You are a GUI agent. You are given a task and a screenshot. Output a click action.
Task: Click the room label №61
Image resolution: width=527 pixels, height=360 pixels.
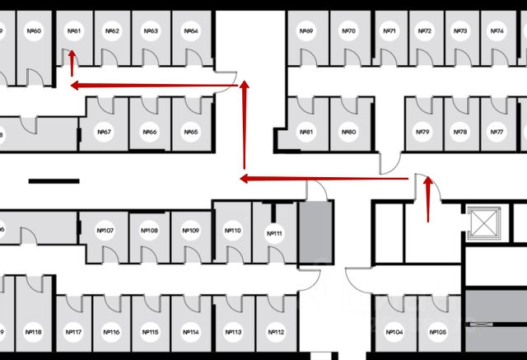click(73, 31)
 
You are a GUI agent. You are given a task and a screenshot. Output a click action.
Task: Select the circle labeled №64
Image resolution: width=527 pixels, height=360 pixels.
click(191, 31)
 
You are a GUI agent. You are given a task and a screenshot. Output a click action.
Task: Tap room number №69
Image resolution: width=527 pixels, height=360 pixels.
click(306, 31)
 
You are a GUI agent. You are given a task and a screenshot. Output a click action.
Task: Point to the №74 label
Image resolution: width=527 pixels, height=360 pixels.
click(497, 31)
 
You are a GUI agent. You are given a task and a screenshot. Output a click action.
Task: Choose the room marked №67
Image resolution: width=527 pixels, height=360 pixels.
click(105, 132)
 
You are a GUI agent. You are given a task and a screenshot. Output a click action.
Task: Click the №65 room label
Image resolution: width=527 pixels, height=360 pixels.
click(191, 132)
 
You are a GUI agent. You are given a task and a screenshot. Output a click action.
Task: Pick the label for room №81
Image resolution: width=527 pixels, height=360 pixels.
click(306, 132)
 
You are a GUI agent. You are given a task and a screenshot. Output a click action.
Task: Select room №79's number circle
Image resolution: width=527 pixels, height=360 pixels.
click(422, 132)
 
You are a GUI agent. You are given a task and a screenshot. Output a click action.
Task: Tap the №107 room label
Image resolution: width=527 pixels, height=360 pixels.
click(105, 231)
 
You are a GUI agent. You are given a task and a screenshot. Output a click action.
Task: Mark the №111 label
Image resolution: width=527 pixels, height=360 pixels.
click(275, 234)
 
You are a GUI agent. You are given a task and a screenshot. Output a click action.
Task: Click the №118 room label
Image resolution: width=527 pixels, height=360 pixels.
click(34, 333)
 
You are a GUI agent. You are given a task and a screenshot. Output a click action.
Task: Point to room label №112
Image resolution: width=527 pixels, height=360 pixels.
click(276, 333)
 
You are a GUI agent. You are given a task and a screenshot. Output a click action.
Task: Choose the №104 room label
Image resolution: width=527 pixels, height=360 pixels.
click(394, 333)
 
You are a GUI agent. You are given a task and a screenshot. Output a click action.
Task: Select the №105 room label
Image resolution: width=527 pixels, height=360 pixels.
click(438, 333)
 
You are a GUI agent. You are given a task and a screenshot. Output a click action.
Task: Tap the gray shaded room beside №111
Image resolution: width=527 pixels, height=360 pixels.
click(316, 233)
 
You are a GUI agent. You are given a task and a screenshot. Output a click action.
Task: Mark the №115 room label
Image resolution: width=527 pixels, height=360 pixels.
click(151, 333)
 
